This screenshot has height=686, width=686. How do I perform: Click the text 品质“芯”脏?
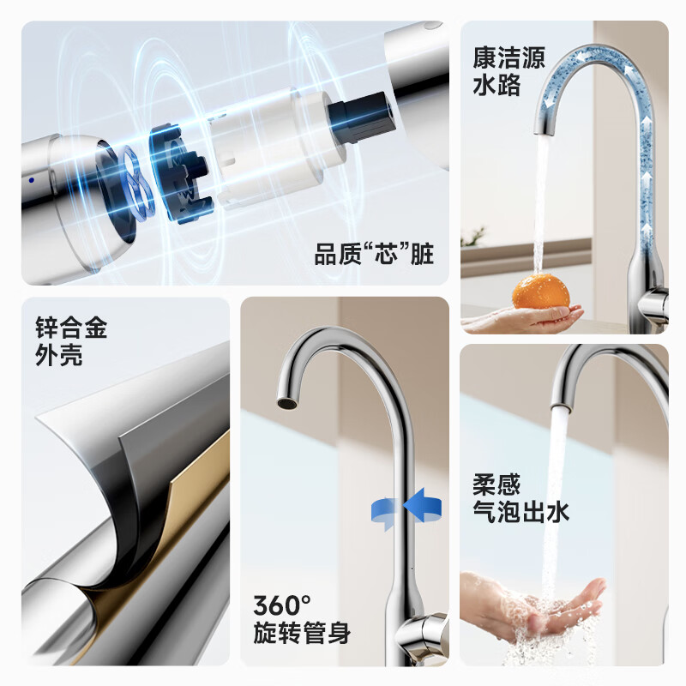pos(374,255)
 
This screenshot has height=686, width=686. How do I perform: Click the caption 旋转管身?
pos(302,634)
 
